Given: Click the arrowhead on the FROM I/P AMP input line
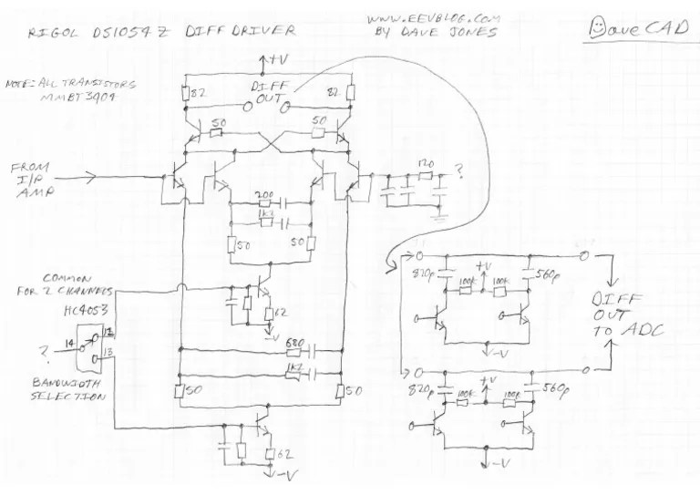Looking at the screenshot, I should click(x=97, y=176).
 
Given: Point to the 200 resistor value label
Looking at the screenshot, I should click(x=264, y=196).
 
